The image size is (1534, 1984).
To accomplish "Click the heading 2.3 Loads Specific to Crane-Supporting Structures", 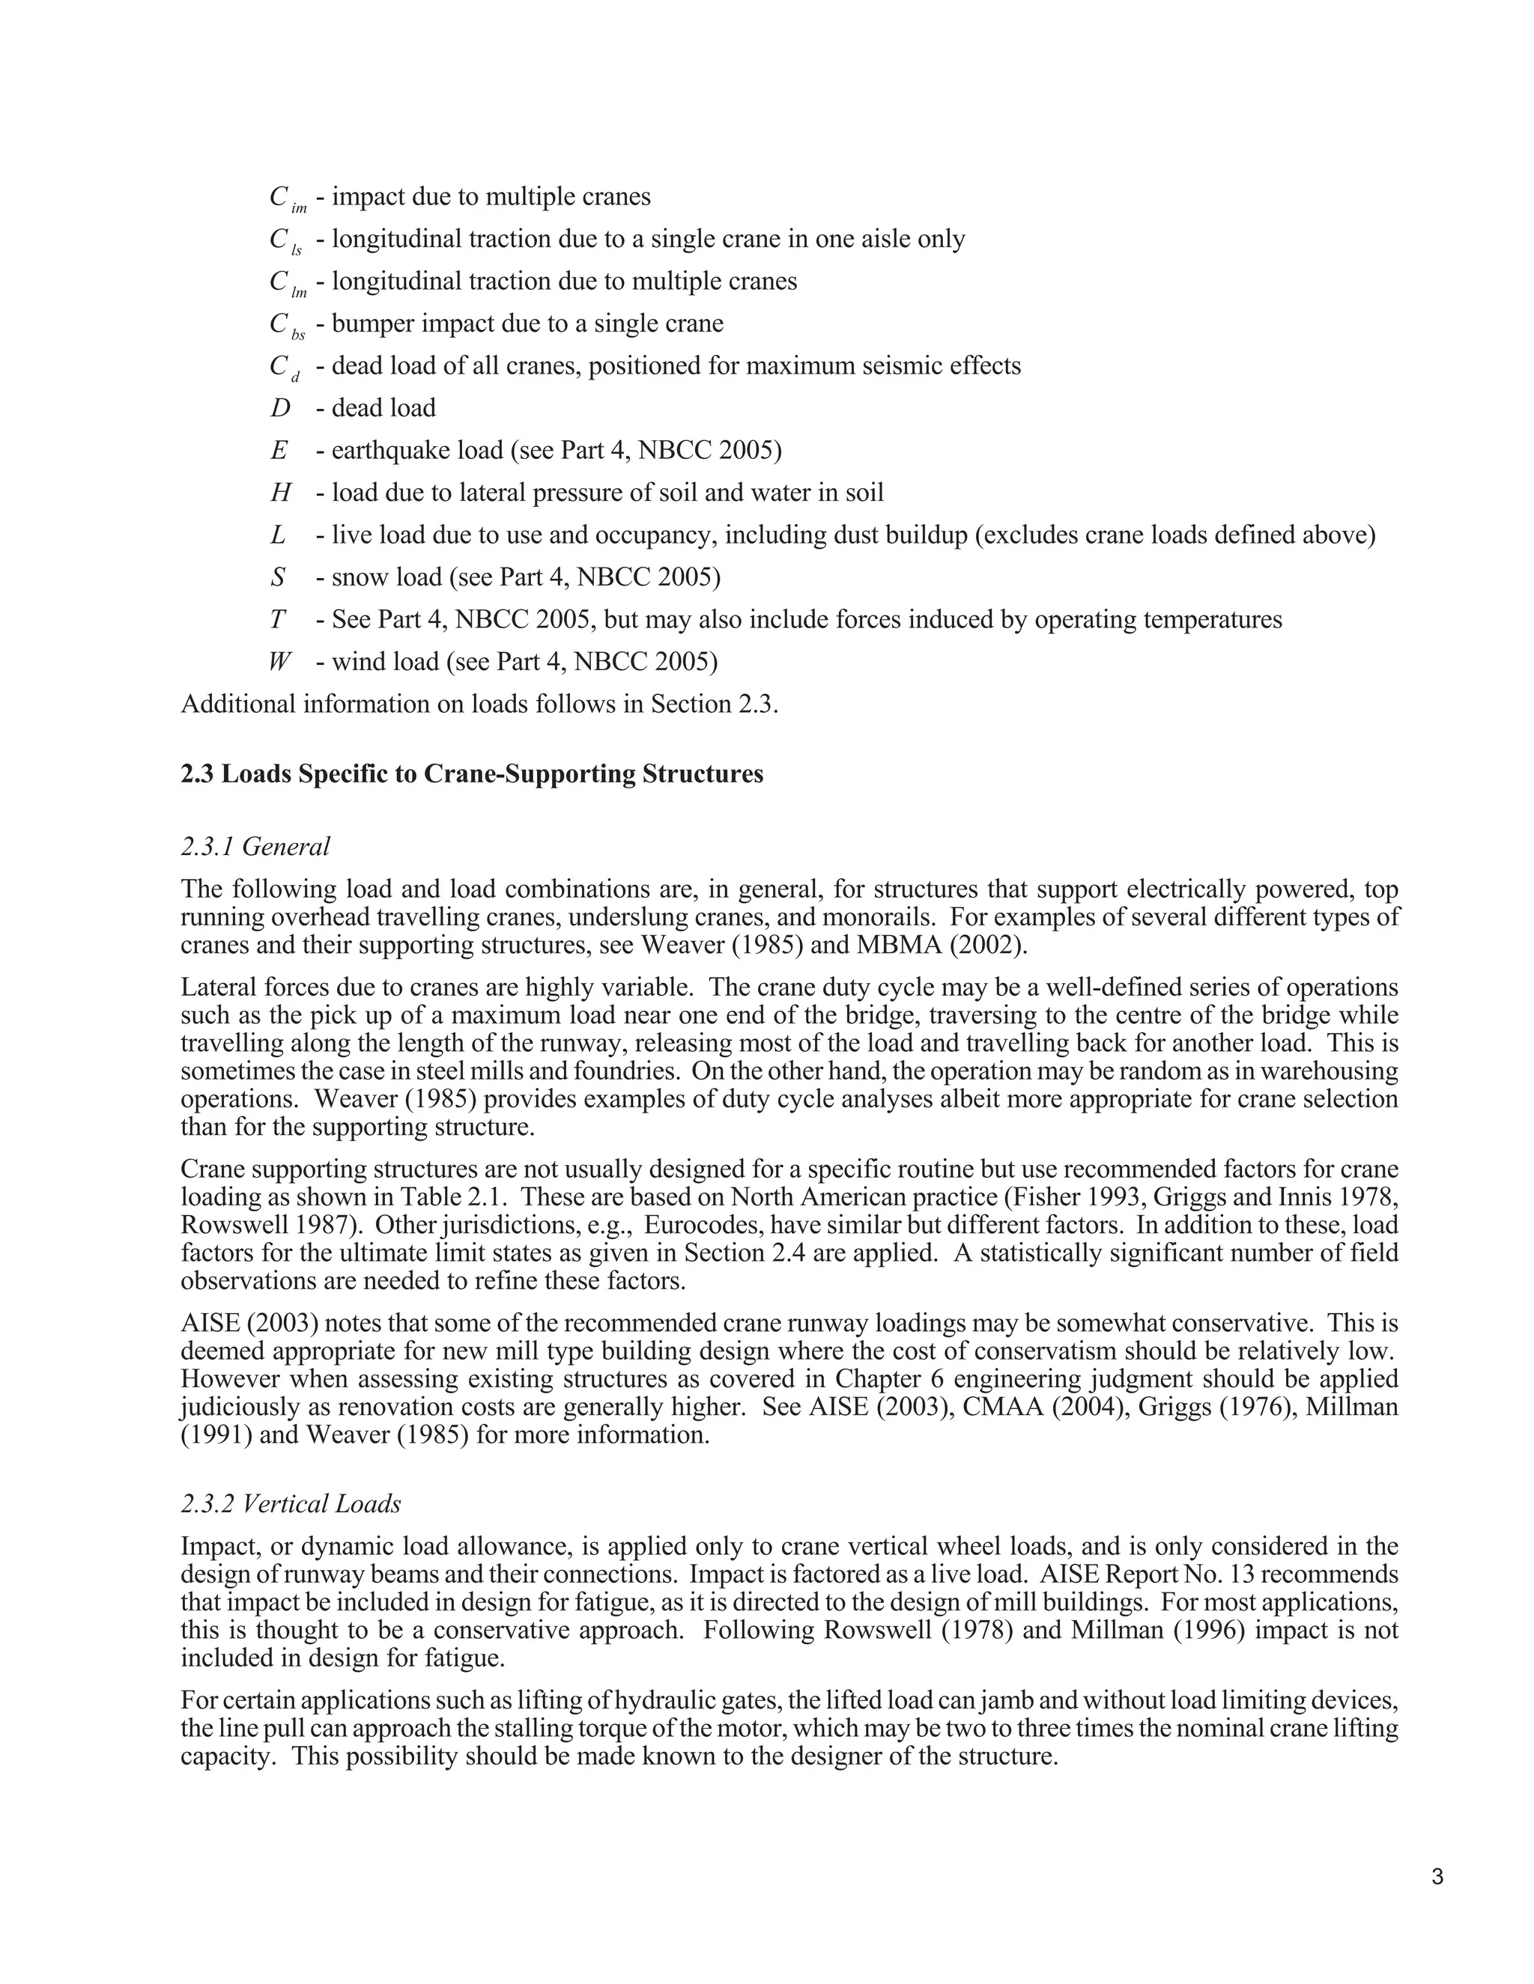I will coord(472,774).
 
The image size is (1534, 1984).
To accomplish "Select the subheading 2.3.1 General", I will coord(255,847).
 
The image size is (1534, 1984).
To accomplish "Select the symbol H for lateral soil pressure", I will coord(281,493).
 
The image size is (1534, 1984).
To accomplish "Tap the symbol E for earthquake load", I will coord(279,451).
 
